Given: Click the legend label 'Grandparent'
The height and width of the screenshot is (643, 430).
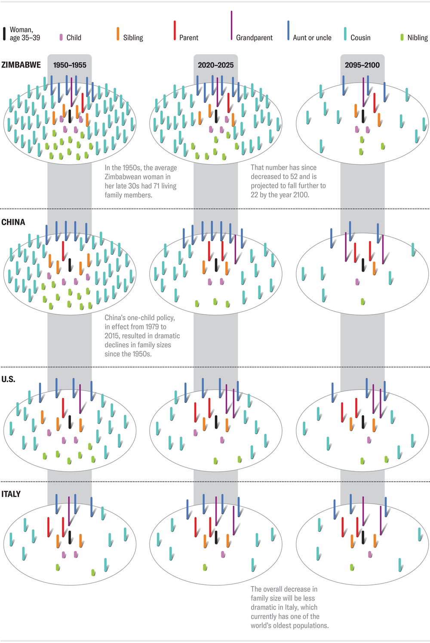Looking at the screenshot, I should pyautogui.click(x=254, y=38).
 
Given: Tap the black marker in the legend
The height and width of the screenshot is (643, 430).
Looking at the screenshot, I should pyautogui.click(x=4, y=34).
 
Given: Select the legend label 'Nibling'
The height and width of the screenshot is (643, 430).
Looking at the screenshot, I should pyautogui.click(x=417, y=38).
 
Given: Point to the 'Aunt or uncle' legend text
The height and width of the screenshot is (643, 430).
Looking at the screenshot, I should pyautogui.click(x=312, y=38).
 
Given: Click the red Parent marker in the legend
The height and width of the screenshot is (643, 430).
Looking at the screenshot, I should pyautogui.click(x=175, y=30).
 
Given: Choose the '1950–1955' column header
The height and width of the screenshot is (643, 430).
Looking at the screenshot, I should pyautogui.click(x=70, y=65).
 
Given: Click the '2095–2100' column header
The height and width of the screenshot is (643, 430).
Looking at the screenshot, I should pyautogui.click(x=362, y=65).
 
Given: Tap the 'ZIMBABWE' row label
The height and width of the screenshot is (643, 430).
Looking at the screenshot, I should pyautogui.click(x=21, y=65).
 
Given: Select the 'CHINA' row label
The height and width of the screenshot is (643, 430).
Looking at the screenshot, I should pyautogui.click(x=13, y=222).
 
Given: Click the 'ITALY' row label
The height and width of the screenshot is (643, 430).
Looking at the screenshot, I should pyautogui.click(x=11, y=494).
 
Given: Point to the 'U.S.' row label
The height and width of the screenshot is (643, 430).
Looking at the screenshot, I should pyautogui.click(x=8, y=379).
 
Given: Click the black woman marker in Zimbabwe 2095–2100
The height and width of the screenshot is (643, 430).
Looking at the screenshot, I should pyautogui.click(x=363, y=116).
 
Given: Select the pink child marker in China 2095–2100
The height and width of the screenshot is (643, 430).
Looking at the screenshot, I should pyautogui.click(x=357, y=282).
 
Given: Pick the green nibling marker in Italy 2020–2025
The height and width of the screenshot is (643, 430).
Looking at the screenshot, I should pyautogui.click(x=205, y=567).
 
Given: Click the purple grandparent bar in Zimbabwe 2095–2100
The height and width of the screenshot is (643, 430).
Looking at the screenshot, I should pyautogui.click(x=363, y=91).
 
